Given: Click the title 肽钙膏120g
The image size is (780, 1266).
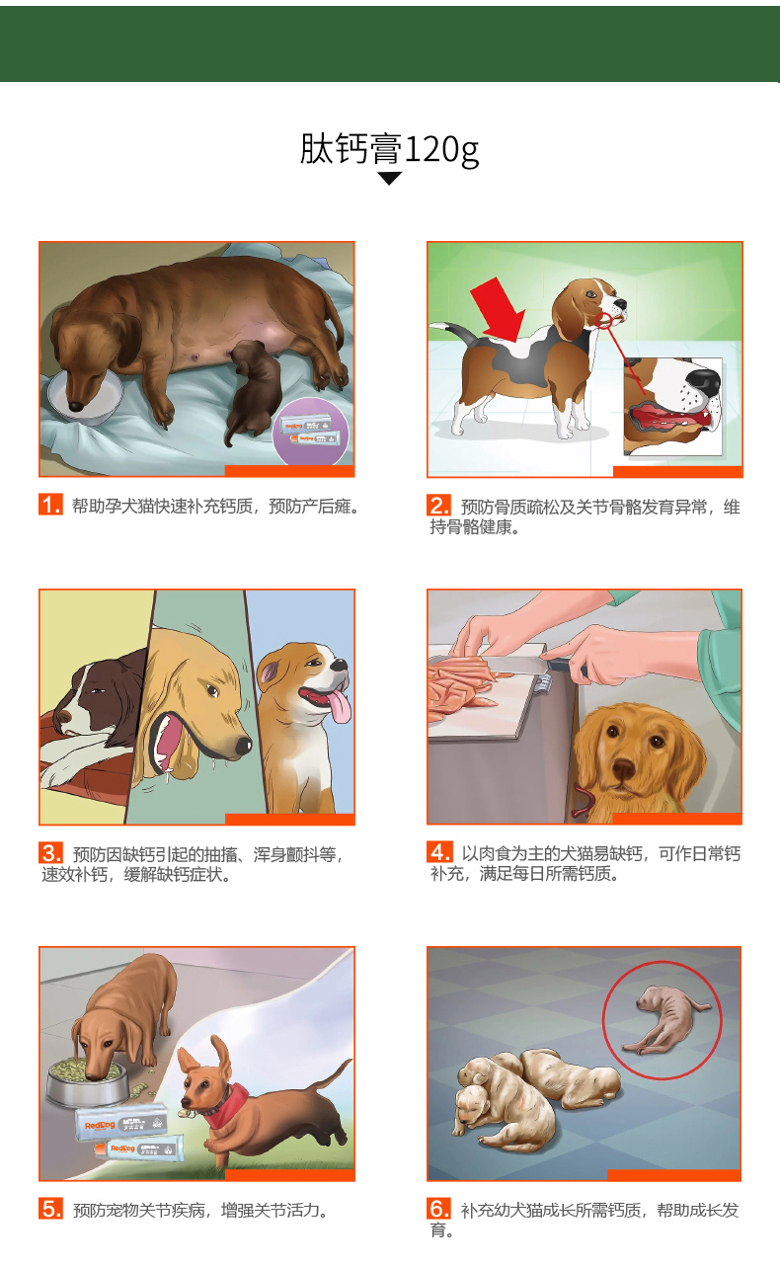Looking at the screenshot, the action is [x=389, y=150].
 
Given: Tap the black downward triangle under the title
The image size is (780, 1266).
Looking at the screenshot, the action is [x=389, y=179].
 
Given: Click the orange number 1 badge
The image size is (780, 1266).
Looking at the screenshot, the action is [x=51, y=505].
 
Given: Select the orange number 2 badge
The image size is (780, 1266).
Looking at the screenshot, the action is [x=438, y=505].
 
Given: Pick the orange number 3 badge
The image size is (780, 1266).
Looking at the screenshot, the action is [x=51, y=852].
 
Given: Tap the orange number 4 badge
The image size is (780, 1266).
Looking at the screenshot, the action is [x=439, y=851].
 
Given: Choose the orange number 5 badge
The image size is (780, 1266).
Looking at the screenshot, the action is [x=51, y=1209].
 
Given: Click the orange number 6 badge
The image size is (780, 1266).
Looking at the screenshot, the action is [x=438, y=1209].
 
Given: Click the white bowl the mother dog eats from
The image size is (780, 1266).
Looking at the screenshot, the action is [x=85, y=397].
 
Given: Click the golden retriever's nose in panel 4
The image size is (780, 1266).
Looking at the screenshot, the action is [x=623, y=768].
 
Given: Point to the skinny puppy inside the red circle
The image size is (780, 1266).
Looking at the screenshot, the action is [x=667, y=1022].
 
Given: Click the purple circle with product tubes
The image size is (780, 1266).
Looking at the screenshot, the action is [x=311, y=433].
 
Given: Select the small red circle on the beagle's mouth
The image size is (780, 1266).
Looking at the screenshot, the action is [x=603, y=321].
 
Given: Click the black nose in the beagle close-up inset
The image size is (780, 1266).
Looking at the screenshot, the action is [x=704, y=382].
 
